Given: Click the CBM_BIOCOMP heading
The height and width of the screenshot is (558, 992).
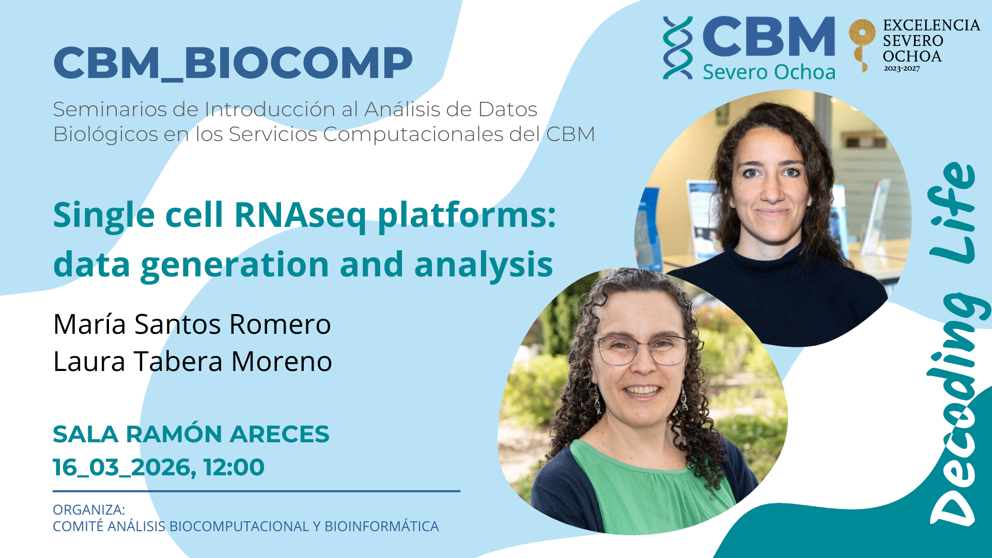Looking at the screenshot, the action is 233,64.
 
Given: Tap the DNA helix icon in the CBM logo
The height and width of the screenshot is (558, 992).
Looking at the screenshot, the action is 678,48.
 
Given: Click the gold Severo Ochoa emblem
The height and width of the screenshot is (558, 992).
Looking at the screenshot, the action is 862,44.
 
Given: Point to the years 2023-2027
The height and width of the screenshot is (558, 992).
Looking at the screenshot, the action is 902,69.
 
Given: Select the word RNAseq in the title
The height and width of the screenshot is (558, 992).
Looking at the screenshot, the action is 300,215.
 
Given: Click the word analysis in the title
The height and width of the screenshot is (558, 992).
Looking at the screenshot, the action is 484,265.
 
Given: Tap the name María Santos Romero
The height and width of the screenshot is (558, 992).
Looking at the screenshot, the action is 192,324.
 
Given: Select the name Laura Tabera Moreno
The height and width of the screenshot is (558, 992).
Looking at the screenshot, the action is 193,361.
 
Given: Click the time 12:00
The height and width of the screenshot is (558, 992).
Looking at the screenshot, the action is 234,467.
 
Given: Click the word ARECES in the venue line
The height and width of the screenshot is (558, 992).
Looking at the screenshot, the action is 280,434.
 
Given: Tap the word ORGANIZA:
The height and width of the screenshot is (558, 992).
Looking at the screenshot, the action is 89,510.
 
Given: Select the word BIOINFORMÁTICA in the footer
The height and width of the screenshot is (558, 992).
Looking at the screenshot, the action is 382,526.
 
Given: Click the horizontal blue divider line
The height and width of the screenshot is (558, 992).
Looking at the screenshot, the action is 256,491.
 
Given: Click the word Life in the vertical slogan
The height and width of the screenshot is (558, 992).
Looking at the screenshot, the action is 952,212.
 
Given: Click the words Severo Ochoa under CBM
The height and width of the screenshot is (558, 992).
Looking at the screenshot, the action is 769,72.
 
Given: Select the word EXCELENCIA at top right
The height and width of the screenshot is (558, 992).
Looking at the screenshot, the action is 932,25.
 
